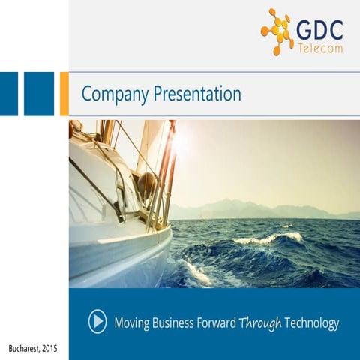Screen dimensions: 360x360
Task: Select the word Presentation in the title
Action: tap(196, 94)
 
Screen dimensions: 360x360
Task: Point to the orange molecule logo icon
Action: tap(277, 31)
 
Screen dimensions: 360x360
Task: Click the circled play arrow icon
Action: tap(97, 322)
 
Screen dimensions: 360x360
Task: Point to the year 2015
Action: tap(49, 349)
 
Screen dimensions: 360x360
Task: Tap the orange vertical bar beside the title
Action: tap(64, 94)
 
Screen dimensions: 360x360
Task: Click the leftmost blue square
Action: tap(8, 94)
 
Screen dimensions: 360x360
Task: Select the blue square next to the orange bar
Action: tap(39, 94)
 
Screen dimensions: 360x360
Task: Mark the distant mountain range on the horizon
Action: tap(247, 208)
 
